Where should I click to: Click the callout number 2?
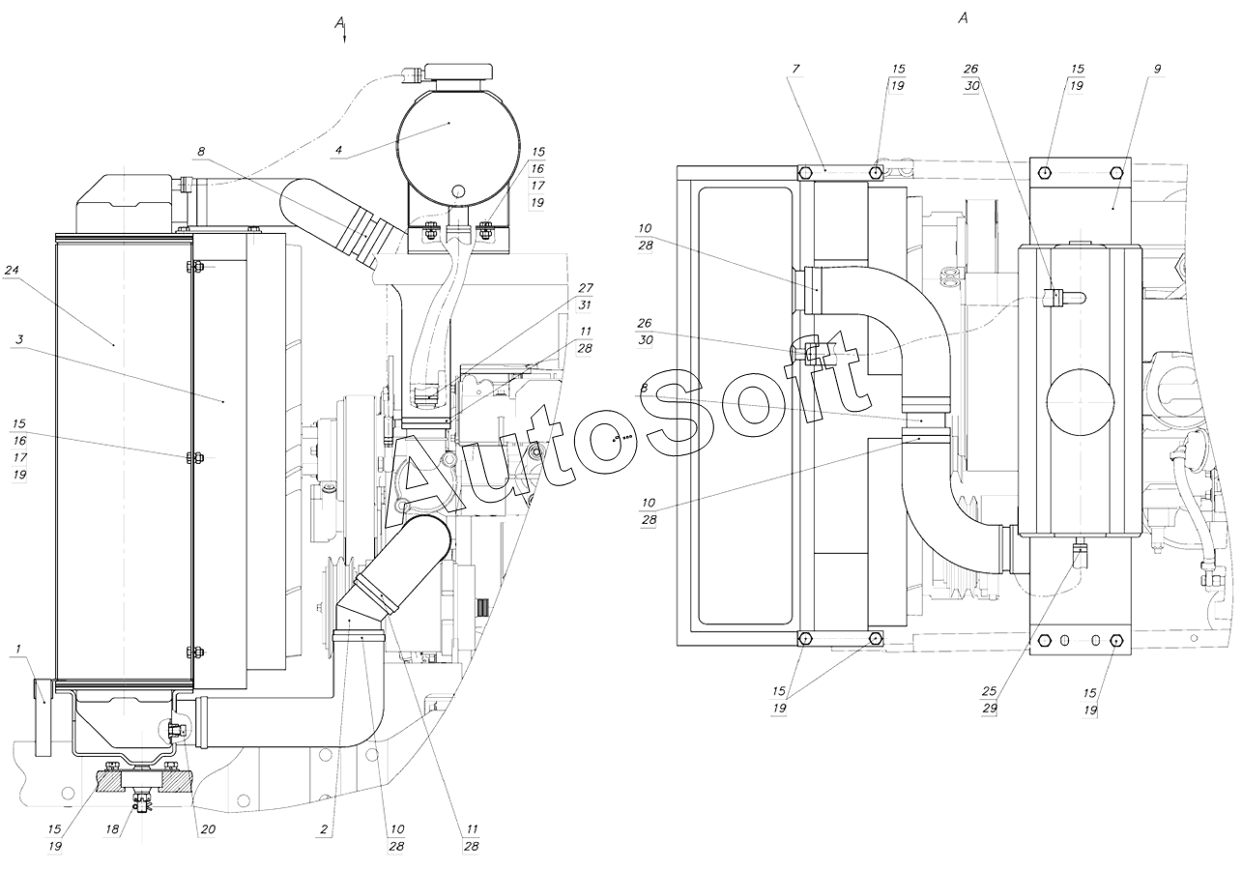pyautogui.click(x=324, y=829)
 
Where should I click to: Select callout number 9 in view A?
pyautogui.click(x=1157, y=70)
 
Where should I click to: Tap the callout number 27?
pyautogui.click(x=586, y=288)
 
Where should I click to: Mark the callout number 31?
pyautogui.click(x=586, y=304)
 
